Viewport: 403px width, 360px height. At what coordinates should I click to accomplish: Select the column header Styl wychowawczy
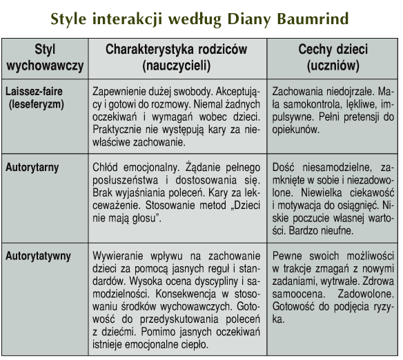point(45,57)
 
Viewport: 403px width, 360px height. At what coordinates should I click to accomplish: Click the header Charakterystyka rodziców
point(177,49)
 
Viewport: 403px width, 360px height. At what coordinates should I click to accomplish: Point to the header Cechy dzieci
point(333,49)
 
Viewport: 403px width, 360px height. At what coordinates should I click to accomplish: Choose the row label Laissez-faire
point(34,92)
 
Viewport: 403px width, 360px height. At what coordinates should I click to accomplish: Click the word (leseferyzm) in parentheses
point(37,105)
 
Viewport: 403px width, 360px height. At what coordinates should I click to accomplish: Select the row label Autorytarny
point(32,168)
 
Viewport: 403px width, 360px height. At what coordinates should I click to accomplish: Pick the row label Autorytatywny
point(38,257)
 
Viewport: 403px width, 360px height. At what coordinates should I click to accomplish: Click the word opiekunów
point(295,130)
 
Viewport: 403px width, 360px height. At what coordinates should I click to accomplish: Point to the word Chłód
point(105,168)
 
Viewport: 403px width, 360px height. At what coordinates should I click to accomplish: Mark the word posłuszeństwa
point(125,180)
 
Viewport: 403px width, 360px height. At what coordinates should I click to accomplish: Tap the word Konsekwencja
point(186,294)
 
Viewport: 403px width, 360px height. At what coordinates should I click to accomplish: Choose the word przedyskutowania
point(179,319)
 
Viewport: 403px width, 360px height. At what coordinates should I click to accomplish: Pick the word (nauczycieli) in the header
point(177,66)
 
